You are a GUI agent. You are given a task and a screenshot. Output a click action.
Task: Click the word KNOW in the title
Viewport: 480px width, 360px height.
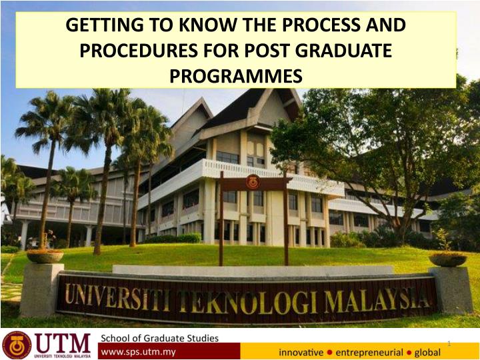click(206, 25)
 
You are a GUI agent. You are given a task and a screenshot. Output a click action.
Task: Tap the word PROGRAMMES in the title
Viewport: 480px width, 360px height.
click(236, 76)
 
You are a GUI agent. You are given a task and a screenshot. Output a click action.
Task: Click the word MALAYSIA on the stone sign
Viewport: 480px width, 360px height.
click(377, 301)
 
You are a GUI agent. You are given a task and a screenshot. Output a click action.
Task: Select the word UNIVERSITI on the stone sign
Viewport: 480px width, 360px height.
click(117, 296)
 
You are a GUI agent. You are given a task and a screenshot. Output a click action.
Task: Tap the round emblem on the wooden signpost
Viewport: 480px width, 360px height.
click(253, 182)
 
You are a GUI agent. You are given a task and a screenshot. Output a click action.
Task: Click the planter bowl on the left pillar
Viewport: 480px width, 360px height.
click(45, 256)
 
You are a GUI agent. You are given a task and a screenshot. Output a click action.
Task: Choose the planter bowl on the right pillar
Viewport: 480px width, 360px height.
click(447, 259)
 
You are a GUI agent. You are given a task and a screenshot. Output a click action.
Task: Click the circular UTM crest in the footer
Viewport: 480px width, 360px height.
click(17, 345)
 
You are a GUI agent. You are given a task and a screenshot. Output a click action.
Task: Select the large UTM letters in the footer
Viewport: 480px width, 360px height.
click(63, 343)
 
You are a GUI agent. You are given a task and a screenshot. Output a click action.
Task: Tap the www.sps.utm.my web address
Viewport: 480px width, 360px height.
click(139, 352)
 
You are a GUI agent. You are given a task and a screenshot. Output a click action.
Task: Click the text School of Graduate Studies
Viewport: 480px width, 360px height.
click(160, 338)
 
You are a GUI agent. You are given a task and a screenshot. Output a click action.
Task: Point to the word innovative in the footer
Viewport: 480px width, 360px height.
click(301, 353)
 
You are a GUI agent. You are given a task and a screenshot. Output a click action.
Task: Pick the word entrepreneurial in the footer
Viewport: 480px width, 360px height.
click(369, 353)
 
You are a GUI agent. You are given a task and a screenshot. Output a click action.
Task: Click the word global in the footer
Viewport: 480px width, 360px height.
click(427, 353)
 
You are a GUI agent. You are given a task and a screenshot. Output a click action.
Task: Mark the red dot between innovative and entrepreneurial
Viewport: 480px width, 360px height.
click(329, 353)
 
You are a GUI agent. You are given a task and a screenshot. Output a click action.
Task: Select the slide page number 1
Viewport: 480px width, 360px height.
click(449, 344)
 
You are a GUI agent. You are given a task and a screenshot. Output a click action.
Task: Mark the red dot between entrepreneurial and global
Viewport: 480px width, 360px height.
click(409, 353)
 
